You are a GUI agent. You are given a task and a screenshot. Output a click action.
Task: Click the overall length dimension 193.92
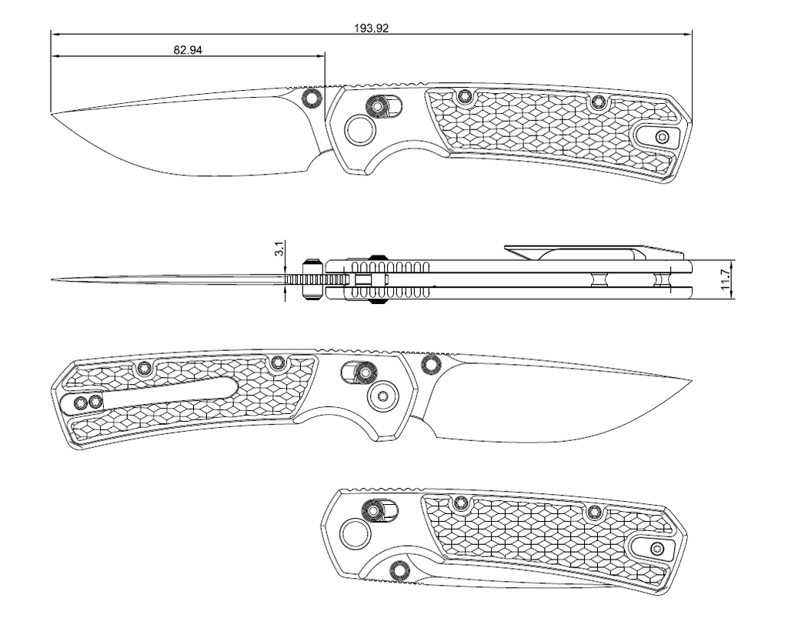click(372, 28)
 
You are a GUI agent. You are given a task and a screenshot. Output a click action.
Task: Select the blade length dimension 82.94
click(188, 50)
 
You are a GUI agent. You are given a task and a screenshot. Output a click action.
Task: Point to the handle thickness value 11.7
click(725, 279)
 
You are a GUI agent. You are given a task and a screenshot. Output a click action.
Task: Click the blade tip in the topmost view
click(52, 112)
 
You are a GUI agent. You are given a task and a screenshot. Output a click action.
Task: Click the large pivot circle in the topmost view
click(360, 129)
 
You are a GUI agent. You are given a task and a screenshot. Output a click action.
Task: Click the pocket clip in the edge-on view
click(595, 252)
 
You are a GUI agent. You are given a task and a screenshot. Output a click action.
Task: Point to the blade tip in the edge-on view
click(52, 279)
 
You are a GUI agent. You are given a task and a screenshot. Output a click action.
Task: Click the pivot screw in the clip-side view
click(383, 396)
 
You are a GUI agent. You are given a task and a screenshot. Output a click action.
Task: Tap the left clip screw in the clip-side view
click(80, 402)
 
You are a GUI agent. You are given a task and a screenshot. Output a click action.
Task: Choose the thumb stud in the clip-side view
click(430, 364)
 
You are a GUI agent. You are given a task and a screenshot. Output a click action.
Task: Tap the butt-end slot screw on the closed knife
click(656, 548)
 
